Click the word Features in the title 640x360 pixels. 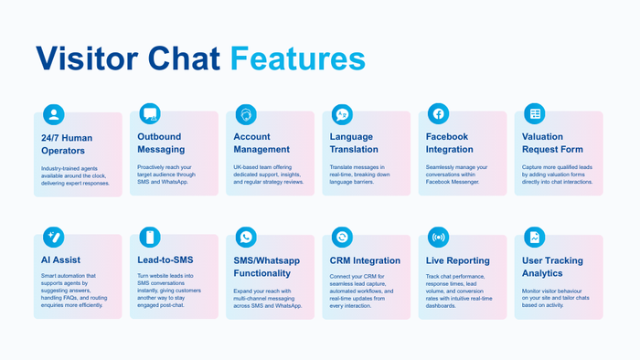click(x=297, y=58)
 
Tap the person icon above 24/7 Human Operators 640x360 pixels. click(x=54, y=114)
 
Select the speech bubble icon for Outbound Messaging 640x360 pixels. click(x=150, y=114)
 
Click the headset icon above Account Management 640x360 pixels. click(x=246, y=114)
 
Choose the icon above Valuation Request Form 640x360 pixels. click(x=534, y=114)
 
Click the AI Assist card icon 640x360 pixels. click(x=54, y=238)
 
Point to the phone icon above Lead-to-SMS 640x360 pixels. click(x=150, y=238)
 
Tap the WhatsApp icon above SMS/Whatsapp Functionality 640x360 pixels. click(x=246, y=238)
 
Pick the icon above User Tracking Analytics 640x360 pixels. click(x=534, y=238)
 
